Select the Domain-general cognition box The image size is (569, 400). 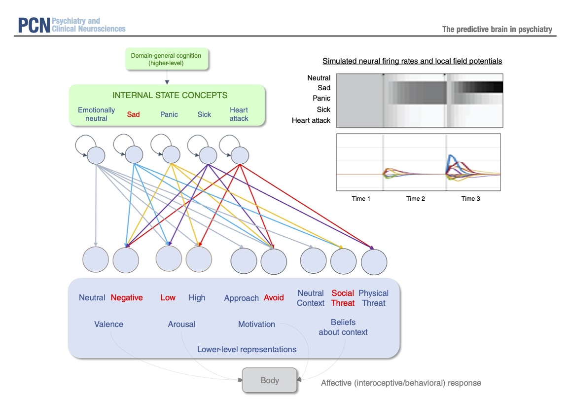[x=166, y=60]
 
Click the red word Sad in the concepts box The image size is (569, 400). [x=133, y=114]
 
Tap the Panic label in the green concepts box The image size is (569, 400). [x=169, y=114]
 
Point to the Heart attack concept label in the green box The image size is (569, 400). [x=239, y=114]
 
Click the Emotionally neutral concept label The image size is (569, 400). [x=97, y=114]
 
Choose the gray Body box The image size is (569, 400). [x=270, y=381]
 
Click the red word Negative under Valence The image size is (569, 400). [x=127, y=298]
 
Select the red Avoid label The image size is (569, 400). [x=274, y=298]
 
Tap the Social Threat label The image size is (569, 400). [x=343, y=298]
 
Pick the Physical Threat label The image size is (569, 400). [x=373, y=298]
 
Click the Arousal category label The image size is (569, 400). [x=181, y=325]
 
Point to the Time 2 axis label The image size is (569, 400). [x=416, y=199]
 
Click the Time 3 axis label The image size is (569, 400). [x=471, y=199]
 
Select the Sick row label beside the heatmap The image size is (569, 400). [x=323, y=109]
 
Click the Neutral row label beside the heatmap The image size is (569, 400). [x=319, y=78]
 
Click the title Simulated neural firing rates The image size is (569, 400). [x=412, y=61]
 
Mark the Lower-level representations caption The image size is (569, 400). [x=247, y=350]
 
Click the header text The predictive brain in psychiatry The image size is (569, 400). [x=497, y=30]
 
